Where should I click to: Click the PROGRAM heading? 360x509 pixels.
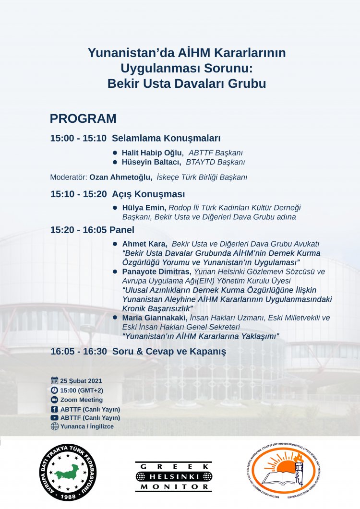click(x=83, y=119)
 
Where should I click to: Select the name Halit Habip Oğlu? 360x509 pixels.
click(x=148, y=153)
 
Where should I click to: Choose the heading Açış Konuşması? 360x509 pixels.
click(x=148, y=194)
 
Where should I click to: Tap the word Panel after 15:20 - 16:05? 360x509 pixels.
click(x=123, y=230)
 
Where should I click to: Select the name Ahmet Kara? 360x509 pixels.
click(x=144, y=244)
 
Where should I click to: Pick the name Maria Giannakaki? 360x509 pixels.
click(x=155, y=318)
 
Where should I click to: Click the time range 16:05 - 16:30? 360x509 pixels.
click(x=79, y=351)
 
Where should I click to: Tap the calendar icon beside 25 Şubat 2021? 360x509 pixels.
click(x=54, y=381)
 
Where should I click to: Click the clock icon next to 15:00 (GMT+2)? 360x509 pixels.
click(x=54, y=391)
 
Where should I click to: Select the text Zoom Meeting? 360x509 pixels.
click(x=81, y=400)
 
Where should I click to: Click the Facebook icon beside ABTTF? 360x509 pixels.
click(x=54, y=409)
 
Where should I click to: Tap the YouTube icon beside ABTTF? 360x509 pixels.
click(x=54, y=418)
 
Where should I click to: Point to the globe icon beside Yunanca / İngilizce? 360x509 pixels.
click(x=54, y=426)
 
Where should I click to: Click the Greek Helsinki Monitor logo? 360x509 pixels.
click(x=173, y=476)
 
